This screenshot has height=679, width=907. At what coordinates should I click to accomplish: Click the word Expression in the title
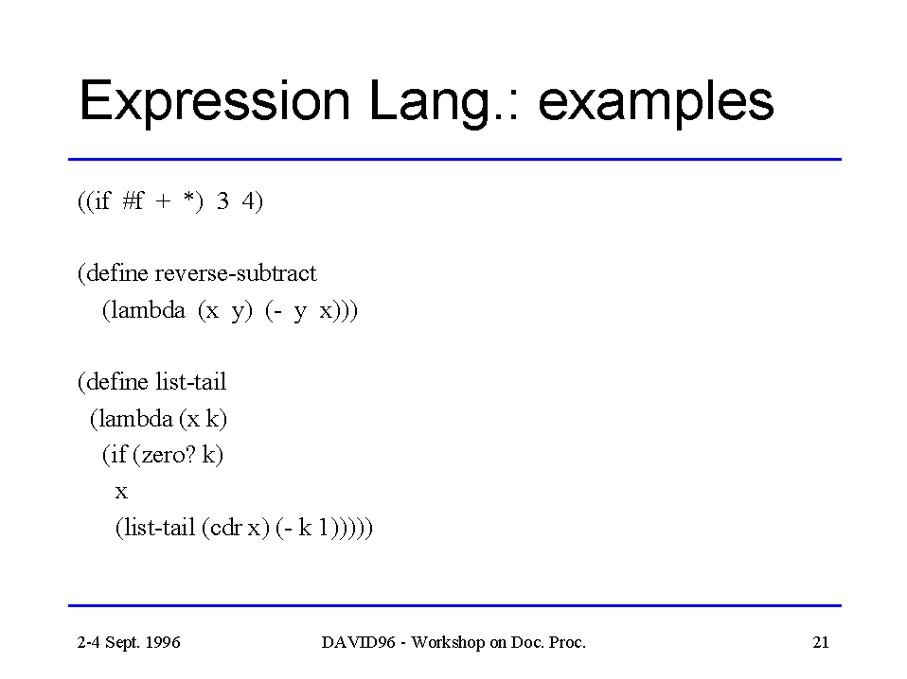pos(215,102)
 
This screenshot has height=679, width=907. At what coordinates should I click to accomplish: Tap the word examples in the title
pos(655,102)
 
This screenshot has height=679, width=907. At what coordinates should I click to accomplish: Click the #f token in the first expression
pos(133,200)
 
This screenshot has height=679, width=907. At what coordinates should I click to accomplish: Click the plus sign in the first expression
pos(163,201)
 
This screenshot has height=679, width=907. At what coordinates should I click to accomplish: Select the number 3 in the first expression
pos(222,201)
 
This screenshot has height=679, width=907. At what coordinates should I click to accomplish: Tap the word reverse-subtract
pos(236,272)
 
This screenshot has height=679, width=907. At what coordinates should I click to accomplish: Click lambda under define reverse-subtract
pos(148,310)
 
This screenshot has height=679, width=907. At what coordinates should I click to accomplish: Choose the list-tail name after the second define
pos(191,381)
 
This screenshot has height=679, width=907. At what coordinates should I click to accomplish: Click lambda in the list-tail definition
pos(136,418)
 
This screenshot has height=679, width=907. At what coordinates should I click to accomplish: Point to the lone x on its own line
pos(121,492)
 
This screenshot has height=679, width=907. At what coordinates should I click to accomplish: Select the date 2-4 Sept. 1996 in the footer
pos(129,642)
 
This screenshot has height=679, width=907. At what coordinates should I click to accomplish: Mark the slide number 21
pos(821,642)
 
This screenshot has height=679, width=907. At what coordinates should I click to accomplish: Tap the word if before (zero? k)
pos(118,455)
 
